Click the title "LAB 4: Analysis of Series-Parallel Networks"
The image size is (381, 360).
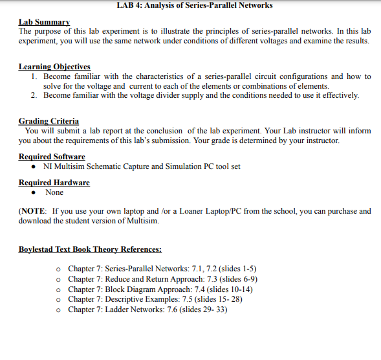(195, 5)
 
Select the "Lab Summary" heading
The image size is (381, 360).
(44, 22)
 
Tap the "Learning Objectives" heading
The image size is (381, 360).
(54, 67)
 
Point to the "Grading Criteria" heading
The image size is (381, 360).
(49, 121)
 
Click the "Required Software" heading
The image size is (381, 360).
(52, 157)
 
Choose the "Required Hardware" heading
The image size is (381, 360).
(54, 183)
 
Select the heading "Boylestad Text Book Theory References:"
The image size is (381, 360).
(90, 249)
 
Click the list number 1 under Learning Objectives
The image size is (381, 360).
(34, 76)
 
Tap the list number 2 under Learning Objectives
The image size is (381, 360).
(34, 95)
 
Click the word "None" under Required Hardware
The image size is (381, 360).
(54, 192)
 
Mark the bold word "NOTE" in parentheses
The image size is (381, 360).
(34, 211)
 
